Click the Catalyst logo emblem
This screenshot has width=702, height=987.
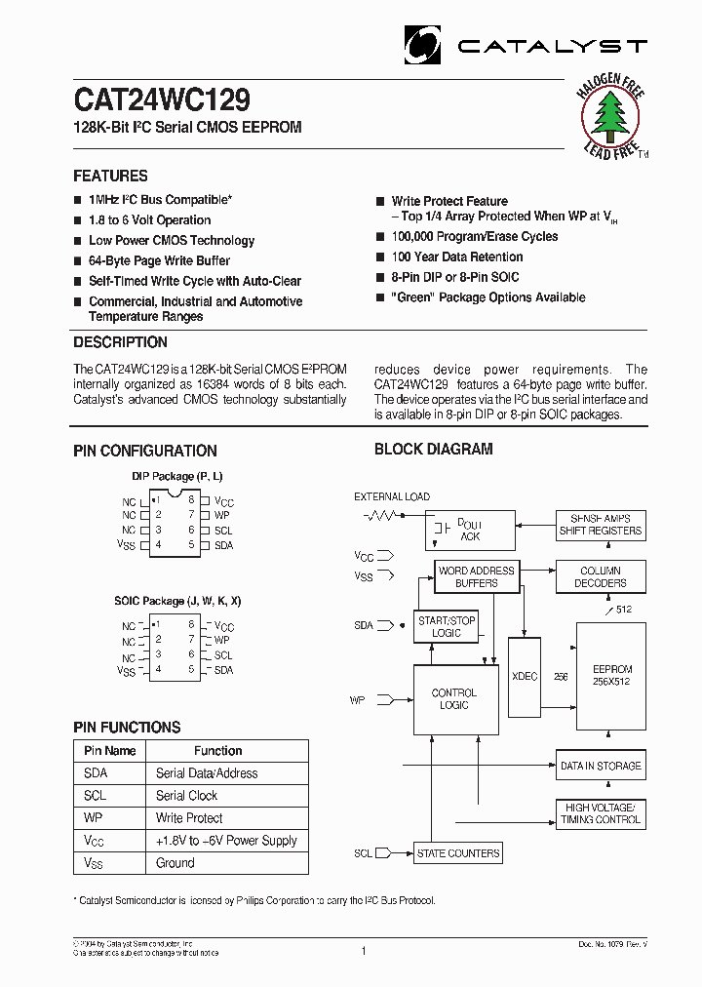423,45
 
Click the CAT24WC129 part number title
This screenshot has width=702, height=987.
162,100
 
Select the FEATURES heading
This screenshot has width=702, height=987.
110,177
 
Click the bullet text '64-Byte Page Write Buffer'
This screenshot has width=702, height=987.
159,260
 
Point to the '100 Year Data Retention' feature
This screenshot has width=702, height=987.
456,257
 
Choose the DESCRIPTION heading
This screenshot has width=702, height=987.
120,342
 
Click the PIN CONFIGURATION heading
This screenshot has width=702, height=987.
145,451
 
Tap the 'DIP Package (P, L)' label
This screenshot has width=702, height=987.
177,476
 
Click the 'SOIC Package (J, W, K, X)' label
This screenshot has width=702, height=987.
177,601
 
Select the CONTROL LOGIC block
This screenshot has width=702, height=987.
453,699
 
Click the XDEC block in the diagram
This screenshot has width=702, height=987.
525,676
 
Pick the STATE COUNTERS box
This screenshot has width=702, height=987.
458,853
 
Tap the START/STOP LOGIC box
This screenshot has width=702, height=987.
446,626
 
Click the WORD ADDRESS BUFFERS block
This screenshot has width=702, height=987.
476,576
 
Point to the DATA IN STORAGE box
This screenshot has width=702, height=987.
601,766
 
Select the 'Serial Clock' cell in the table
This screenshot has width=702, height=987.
187,796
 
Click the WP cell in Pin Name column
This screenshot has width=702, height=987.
94,818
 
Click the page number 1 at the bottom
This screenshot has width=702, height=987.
363,950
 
